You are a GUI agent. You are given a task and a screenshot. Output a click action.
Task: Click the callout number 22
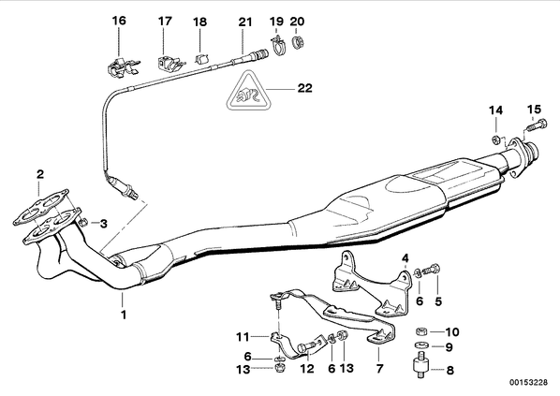(304, 88)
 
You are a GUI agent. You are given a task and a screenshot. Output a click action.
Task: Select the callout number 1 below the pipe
(124, 315)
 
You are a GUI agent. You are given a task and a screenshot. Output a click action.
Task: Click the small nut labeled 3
(82, 223)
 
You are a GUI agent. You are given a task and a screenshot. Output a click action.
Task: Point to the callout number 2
(40, 174)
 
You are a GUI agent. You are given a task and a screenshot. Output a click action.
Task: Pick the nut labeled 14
(495, 139)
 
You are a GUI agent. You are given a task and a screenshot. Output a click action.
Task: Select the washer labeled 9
(422, 345)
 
